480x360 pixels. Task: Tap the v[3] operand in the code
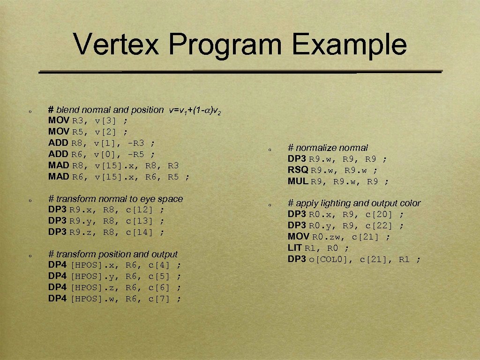coord(106,121)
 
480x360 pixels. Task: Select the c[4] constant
coord(159,265)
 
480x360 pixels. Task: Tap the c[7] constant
coord(159,299)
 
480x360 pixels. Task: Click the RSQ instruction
coord(299,170)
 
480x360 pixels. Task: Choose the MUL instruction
coord(298,181)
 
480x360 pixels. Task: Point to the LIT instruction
coord(295,248)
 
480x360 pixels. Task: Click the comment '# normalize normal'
coord(328,148)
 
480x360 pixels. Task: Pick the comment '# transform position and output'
coord(113,254)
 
